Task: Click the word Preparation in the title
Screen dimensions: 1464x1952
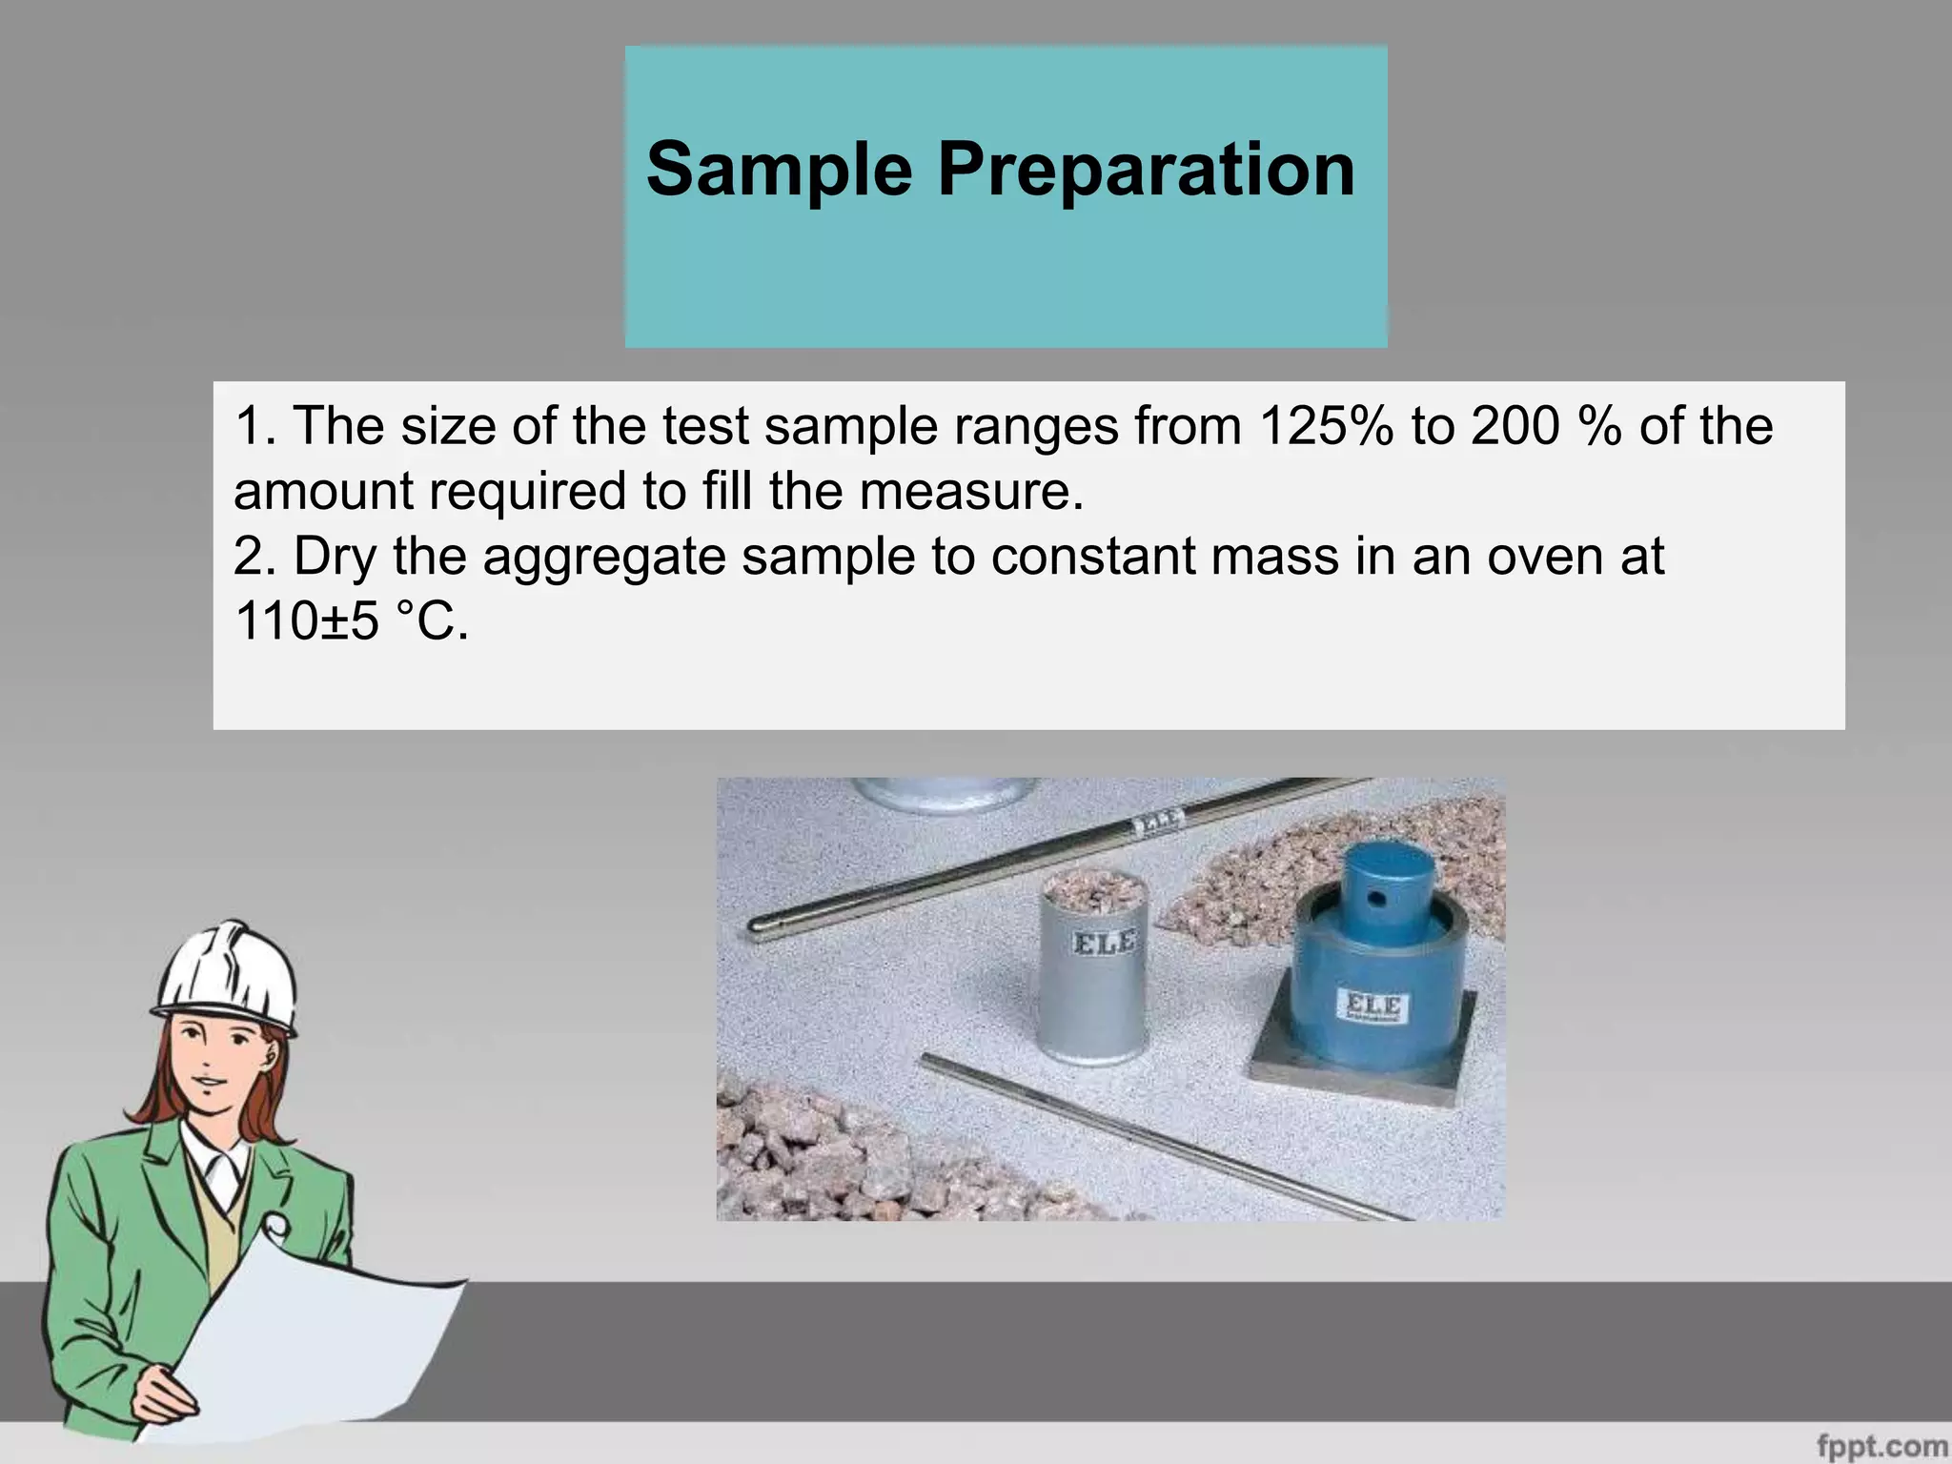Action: point(1146,170)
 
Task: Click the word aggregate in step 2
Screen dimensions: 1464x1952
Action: point(603,558)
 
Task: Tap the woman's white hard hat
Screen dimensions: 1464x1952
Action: point(229,977)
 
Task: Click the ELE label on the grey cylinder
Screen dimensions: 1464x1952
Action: point(1105,944)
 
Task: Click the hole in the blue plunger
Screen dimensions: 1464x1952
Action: point(1375,896)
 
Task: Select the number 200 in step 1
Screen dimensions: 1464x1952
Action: point(1515,426)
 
